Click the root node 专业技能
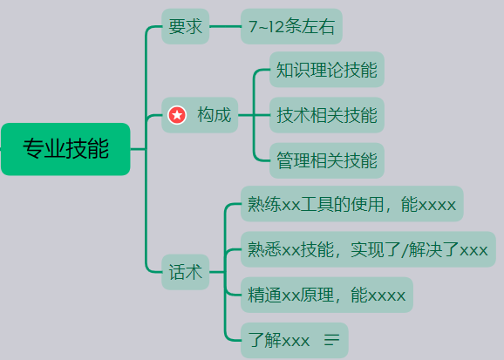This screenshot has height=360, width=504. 65,149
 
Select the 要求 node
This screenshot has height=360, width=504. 186,27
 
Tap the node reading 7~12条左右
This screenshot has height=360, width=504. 291,27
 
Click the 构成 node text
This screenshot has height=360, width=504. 215,115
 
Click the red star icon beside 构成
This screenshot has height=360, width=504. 178,115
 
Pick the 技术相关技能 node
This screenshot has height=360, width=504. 327,115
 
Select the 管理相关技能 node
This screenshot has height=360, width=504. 327,160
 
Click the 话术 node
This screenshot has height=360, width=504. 186,273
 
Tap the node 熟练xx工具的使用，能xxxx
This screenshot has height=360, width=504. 351,205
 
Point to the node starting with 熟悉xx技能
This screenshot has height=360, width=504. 367,250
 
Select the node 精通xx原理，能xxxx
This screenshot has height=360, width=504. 326,295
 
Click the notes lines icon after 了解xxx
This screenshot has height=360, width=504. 331,341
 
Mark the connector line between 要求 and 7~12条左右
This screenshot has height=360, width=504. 225,27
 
